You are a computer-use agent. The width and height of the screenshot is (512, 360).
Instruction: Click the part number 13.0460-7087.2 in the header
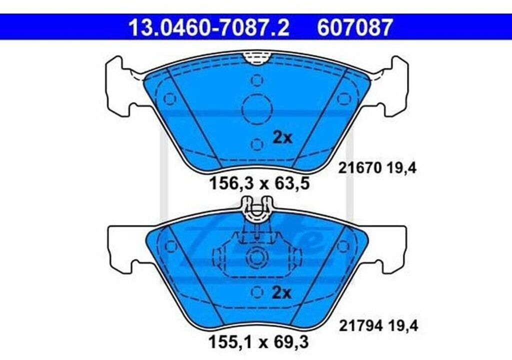(209, 27)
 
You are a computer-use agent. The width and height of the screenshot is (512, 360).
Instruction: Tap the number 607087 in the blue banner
(354, 27)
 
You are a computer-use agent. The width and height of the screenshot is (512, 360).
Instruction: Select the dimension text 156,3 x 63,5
(259, 183)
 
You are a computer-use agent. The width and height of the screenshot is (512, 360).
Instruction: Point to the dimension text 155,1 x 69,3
(258, 342)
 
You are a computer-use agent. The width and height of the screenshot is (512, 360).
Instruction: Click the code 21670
(360, 168)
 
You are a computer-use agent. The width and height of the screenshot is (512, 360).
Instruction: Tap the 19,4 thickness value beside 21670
(402, 169)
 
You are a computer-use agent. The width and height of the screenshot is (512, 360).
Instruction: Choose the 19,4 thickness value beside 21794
(403, 326)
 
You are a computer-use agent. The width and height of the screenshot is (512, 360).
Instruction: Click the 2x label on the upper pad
(282, 138)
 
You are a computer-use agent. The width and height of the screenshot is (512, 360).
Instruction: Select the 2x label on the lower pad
(281, 293)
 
